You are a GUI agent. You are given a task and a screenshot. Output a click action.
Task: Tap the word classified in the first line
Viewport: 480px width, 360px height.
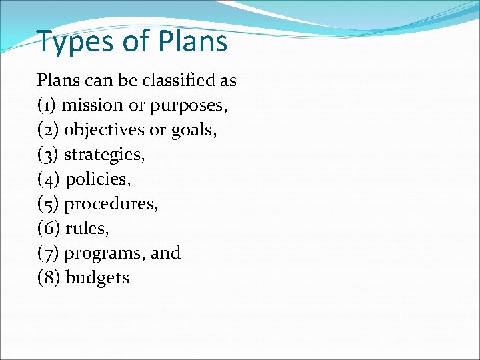click(181, 81)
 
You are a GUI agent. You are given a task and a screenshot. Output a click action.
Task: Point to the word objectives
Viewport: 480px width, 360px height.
click(104, 130)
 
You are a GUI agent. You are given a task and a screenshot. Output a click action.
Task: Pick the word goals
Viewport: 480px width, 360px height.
click(193, 130)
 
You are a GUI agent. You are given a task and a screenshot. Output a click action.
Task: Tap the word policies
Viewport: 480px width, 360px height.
click(97, 179)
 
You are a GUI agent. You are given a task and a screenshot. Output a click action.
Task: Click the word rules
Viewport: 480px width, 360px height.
click(87, 229)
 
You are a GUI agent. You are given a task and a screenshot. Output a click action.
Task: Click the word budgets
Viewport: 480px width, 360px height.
click(97, 278)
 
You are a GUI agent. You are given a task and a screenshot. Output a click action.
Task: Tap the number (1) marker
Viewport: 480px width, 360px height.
click(47, 105)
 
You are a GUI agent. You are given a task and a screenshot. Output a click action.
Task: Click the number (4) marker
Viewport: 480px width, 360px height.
click(48, 179)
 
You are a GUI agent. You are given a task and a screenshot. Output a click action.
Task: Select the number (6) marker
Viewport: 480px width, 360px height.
click(48, 229)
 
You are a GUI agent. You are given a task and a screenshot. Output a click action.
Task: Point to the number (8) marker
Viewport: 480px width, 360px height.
click(48, 278)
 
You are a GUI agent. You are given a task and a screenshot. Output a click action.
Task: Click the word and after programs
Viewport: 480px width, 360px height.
click(166, 253)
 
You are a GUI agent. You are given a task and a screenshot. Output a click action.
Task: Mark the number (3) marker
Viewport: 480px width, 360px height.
click(47, 155)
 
